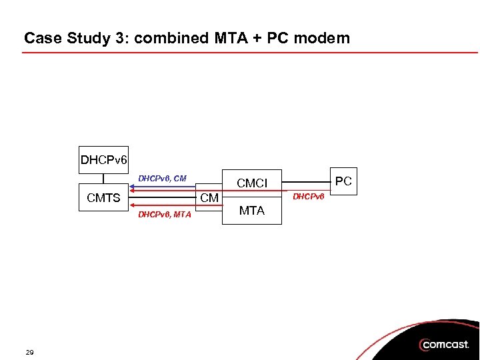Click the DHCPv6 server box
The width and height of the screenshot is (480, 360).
tap(104, 160)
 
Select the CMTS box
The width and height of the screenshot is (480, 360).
tap(104, 197)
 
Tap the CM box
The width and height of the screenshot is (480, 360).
tap(210, 198)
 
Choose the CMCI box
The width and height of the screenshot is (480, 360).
tap(252, 182)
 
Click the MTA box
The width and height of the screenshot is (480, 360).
tap(252, 211)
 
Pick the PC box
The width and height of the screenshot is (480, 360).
tap(343, 181)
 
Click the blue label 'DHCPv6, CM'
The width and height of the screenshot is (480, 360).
tap(162, 178)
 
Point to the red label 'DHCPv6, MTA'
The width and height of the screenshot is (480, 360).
tap(164, 214)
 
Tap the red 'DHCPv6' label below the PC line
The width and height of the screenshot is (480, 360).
tap(308, 196)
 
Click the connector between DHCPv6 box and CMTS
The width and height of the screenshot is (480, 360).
tap(104, 178)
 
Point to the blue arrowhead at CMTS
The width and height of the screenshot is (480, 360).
tap(133, 185)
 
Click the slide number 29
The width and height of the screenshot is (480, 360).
tap(30, 352)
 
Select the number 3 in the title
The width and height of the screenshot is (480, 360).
tap(124, 38)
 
